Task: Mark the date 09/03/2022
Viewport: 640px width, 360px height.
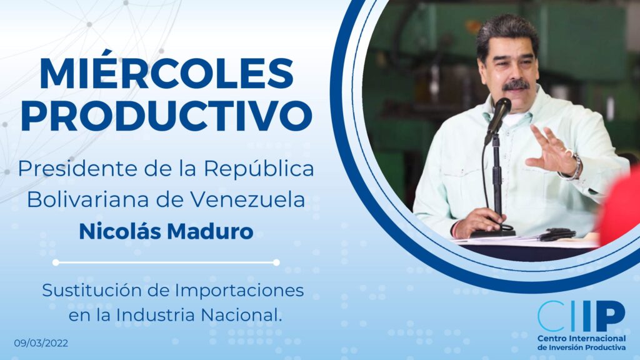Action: click(41, 343)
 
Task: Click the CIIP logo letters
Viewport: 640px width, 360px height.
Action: click(581, 316)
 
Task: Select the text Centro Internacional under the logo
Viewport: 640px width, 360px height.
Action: click(581, 338)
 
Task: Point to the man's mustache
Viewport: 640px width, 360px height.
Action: click(516, 85)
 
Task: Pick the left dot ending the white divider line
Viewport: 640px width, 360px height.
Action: click(56, 262)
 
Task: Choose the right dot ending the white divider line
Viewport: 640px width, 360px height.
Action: click(276, 262)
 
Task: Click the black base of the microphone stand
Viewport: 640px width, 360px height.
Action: click(492, 234)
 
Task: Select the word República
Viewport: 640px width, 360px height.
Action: click(259, 169)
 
